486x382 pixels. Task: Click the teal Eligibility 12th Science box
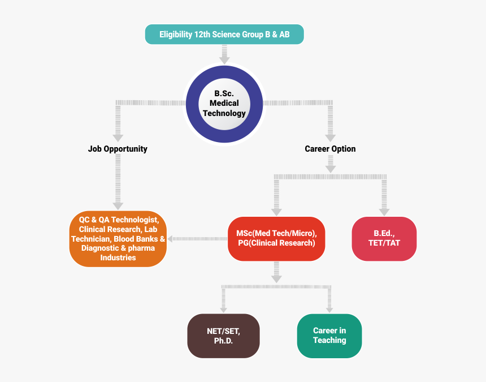tap(224, 35)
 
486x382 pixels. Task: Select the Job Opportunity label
tap(118, 149)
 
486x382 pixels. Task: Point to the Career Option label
tap(330, 149)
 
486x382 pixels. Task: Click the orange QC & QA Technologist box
tap(118, 238)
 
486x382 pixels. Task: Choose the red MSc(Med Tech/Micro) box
tap(276, 238)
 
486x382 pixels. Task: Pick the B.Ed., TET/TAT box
tap(384, 238)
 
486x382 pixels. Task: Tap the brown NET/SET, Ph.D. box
tap(223, 336)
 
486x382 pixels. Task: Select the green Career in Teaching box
tap(329, 336)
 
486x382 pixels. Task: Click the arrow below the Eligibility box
tap(224, 55)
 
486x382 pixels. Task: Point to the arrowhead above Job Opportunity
tap(118, 137)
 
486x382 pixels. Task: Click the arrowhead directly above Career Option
tap(330, 137)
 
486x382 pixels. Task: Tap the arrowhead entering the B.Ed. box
tap(384, 212)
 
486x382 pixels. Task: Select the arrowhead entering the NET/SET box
tap(223, 308)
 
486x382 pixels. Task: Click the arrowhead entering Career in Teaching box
tap(329, 308)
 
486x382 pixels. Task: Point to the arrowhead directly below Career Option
tap(330, 168)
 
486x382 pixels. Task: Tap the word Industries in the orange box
tap(118, 257)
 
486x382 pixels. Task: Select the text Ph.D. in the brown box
tap(223, 341)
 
